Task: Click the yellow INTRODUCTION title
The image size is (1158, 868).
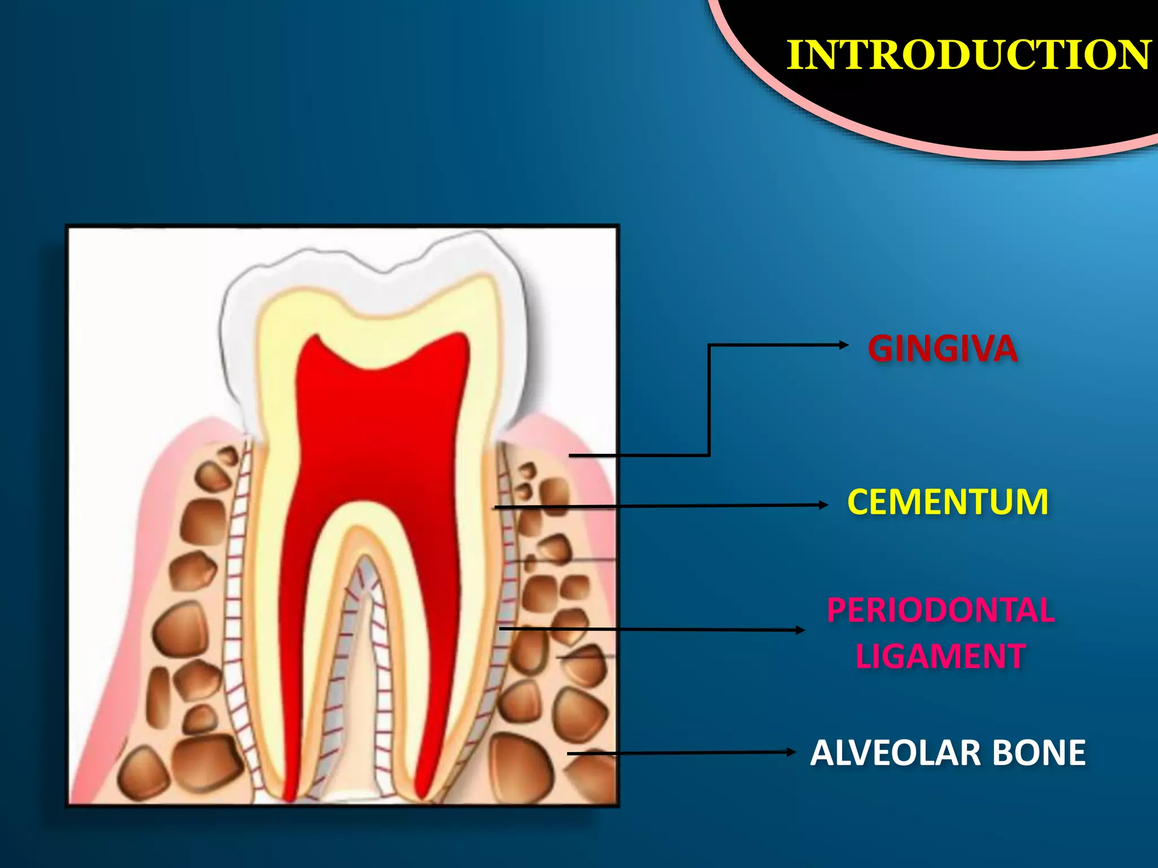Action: pos(969,55)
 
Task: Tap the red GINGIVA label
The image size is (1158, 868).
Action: pos(943,348)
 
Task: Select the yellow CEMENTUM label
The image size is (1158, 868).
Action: pos(948,502)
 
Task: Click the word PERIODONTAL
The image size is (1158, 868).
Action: pos(940,610)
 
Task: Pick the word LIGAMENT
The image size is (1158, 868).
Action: pos(940,656)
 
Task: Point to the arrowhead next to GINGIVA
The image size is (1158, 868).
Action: pos(844,345)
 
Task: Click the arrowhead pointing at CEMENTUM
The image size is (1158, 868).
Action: pos(823,505)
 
